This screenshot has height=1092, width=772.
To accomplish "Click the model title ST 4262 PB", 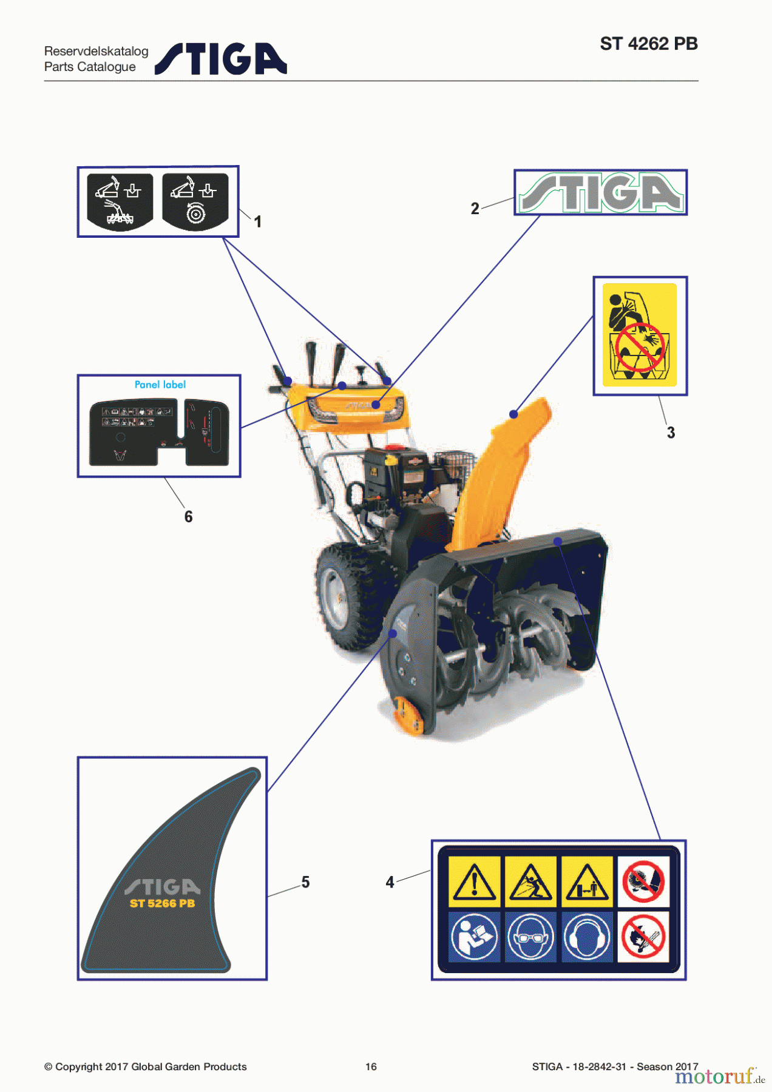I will click(x=648, y=44).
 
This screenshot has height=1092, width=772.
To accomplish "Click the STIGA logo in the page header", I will click(x=221, y=59).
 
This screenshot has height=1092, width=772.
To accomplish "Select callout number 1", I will click(x=258, y=222).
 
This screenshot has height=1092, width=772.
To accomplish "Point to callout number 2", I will click(x=475, y=209).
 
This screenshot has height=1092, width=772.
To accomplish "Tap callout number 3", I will click(x=671, y=433).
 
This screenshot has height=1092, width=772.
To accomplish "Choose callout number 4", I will click(x=390, y=882).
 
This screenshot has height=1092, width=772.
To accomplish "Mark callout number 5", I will click(x=305, y=882).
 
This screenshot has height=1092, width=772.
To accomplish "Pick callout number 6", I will click(x=188, y=517).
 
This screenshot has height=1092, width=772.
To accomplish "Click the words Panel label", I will click(x=160, y=385).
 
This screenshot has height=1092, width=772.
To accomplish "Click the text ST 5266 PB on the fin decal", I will click(x=162, y=903).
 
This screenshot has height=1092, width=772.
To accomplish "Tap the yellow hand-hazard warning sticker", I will click(x=640, y=335).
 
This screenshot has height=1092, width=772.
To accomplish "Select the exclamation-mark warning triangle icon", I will click(x=474, y=881).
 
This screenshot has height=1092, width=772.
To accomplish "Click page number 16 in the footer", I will click(x=371, y=1067).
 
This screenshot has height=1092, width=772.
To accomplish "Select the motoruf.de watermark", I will click(x=719, y=1076).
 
